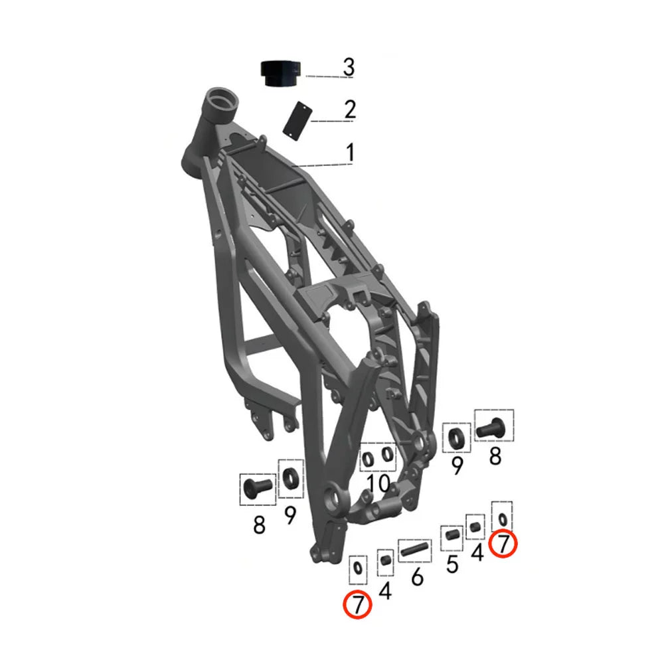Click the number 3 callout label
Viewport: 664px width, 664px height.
point(349,67)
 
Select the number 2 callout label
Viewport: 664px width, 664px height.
point(350,110)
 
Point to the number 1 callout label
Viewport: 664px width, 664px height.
point(350,153)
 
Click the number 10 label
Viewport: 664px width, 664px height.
point(378,483)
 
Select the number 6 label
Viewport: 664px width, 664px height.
point(417,576)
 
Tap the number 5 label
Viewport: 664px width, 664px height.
point(452,564)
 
